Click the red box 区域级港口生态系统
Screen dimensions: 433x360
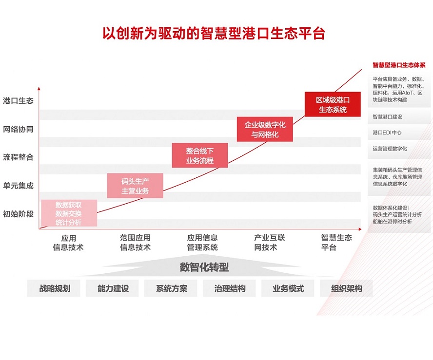(333, 104)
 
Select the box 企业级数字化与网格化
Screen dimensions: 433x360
(265, 130)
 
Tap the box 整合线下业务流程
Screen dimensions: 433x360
(199, 155)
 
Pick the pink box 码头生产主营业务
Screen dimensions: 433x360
(135, 186)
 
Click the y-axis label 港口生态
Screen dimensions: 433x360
(18, 101)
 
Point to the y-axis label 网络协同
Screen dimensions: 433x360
(18, 129)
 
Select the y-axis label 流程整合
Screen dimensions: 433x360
(18, 157)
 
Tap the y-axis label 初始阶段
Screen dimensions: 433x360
(18, 214)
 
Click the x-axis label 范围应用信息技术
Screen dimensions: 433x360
(136, 243)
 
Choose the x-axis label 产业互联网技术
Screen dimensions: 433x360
(269, 243)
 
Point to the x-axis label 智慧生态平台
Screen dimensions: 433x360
(336, 243)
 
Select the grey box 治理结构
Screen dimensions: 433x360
(230, 288)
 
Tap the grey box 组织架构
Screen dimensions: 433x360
(346, 288)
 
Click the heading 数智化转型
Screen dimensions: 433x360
(204, 267)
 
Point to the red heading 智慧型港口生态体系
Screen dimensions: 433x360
(399, 65)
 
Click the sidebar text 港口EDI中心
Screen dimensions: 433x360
(387, 133)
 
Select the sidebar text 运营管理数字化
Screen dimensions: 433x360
(390, 149)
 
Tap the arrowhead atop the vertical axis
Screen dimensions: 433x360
(39, 89)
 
